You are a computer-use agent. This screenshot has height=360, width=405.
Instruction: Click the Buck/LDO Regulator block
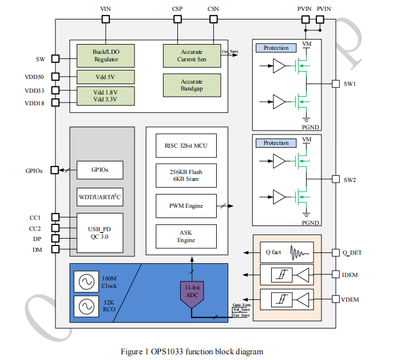click(106, 56)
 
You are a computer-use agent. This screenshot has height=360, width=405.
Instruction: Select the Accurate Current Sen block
click(192, 56)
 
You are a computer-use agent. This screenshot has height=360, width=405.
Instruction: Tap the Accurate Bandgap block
click(192, 85)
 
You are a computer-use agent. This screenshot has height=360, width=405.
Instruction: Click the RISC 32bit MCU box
click(186, 146)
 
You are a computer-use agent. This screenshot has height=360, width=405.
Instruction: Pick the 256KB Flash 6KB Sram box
click(186, 175)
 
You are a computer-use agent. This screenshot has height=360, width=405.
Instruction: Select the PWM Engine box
click(186, 205)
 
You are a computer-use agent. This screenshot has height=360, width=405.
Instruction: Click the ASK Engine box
click(186, 236)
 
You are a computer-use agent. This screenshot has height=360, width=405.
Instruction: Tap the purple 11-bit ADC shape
click(192, 292)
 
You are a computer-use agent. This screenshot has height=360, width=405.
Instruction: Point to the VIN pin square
click(105, 19)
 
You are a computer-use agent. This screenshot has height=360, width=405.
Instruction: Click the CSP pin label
click(177, 9)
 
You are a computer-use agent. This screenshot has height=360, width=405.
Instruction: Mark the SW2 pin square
click(335, 180)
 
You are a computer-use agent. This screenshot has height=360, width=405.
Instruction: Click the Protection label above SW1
click(276, 48)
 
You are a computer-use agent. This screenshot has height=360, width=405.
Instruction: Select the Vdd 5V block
click(106, 77)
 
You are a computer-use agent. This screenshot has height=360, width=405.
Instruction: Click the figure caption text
click(192, 351)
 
